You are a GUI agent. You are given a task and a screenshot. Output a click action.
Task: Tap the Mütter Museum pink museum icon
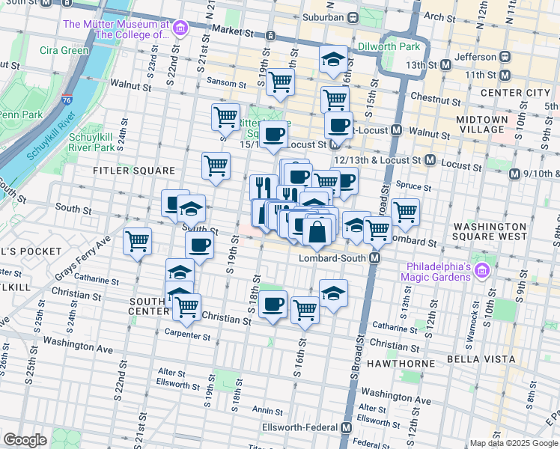(180, 29)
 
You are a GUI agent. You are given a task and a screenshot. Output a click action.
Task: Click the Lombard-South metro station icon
(375, 257)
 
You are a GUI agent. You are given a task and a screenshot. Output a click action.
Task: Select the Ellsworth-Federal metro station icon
(346, 427)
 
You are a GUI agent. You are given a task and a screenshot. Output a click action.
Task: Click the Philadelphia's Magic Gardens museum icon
(482, 270)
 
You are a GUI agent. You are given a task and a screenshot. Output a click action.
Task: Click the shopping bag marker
(317, 233)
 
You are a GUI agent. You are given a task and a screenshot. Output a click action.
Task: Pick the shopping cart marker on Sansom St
(280, 82)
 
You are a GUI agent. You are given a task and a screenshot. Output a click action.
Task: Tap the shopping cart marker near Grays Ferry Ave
(138, 242)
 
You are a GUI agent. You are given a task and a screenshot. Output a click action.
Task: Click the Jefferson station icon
(505, 56)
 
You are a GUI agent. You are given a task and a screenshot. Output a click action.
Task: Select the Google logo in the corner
(25, 440)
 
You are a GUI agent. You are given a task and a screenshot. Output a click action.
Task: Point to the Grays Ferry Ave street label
(82, 254)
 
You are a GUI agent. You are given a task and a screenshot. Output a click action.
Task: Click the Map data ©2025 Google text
(513, 443)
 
